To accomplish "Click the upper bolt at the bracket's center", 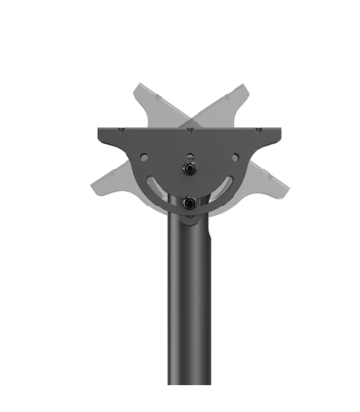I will pyautogui.click(x=187, y=167).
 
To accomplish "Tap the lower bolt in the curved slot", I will pyautogui.click(x=187, y=202).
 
